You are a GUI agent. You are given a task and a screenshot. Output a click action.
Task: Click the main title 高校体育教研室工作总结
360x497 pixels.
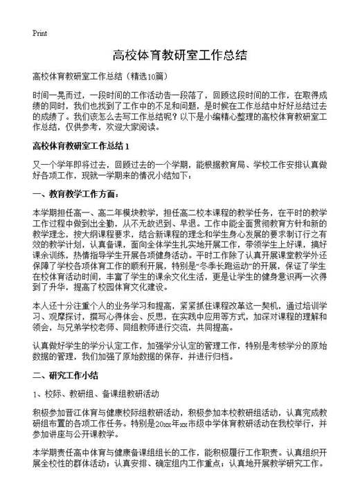[x=179, y=55]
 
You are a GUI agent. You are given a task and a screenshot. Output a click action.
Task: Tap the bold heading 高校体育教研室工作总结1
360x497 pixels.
[x=82, y=147]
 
